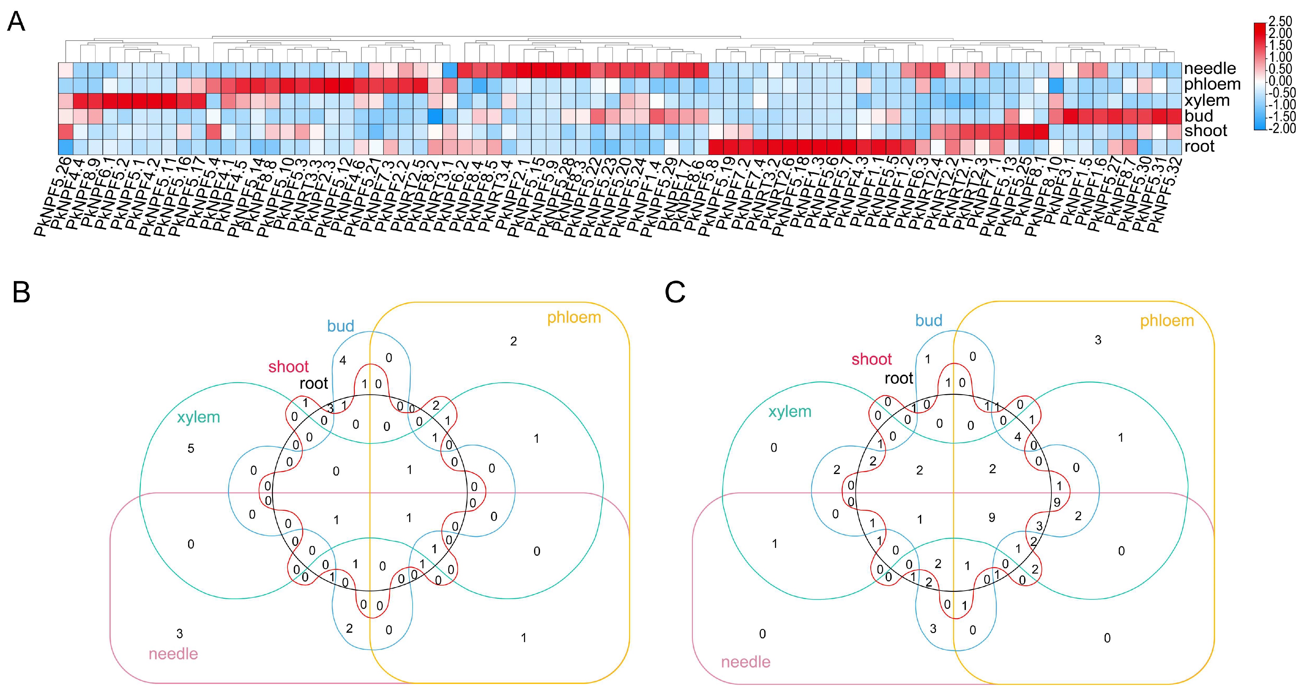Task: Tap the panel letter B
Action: tap(21, 292)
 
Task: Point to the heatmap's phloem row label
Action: tap(1212, 84)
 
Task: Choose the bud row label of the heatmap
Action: tap(1198, 116)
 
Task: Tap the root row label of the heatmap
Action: tap(1199, 147)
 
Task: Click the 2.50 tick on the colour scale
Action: tap(1280, 22)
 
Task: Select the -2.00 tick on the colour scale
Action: tap(1281, 129)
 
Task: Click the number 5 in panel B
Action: tap(191, 449)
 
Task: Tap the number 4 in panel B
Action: tap(343, 361)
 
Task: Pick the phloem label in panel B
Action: tap(574, 318)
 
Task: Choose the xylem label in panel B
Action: tap(198, 417)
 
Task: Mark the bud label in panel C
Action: tap(928, 321)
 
